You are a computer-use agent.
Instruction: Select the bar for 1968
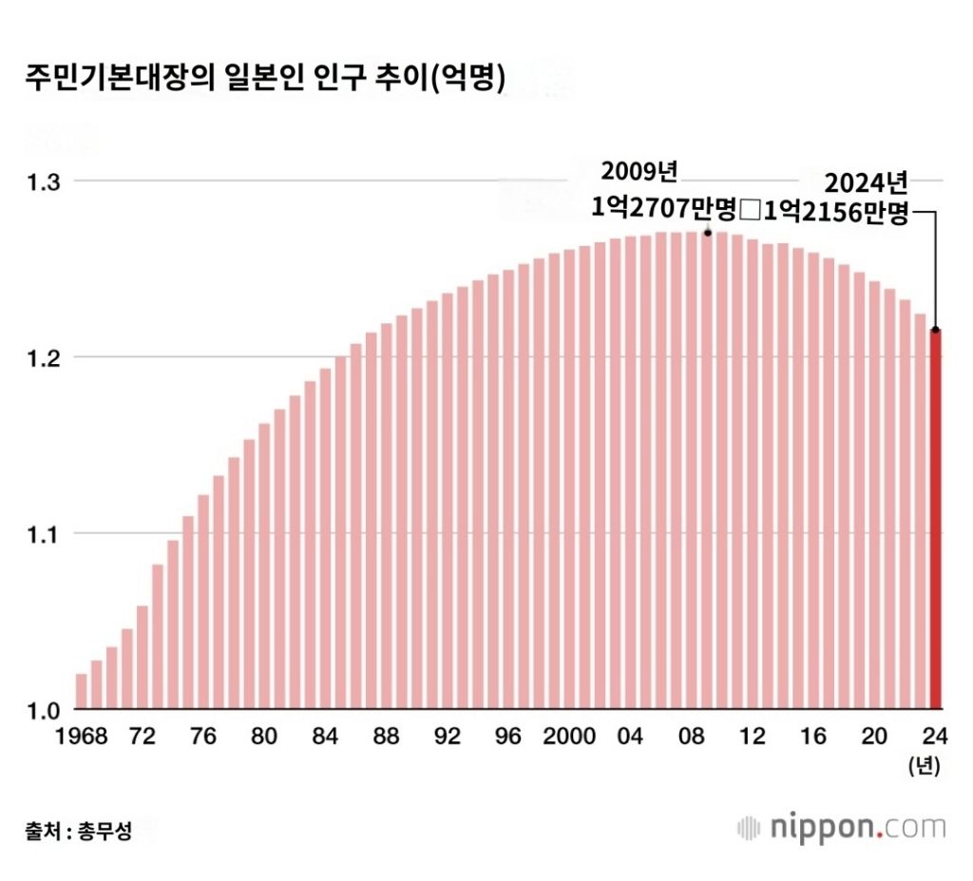82,691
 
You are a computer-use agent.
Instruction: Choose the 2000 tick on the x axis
570,737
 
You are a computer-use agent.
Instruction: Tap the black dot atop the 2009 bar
708,232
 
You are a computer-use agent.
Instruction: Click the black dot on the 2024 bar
936,330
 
